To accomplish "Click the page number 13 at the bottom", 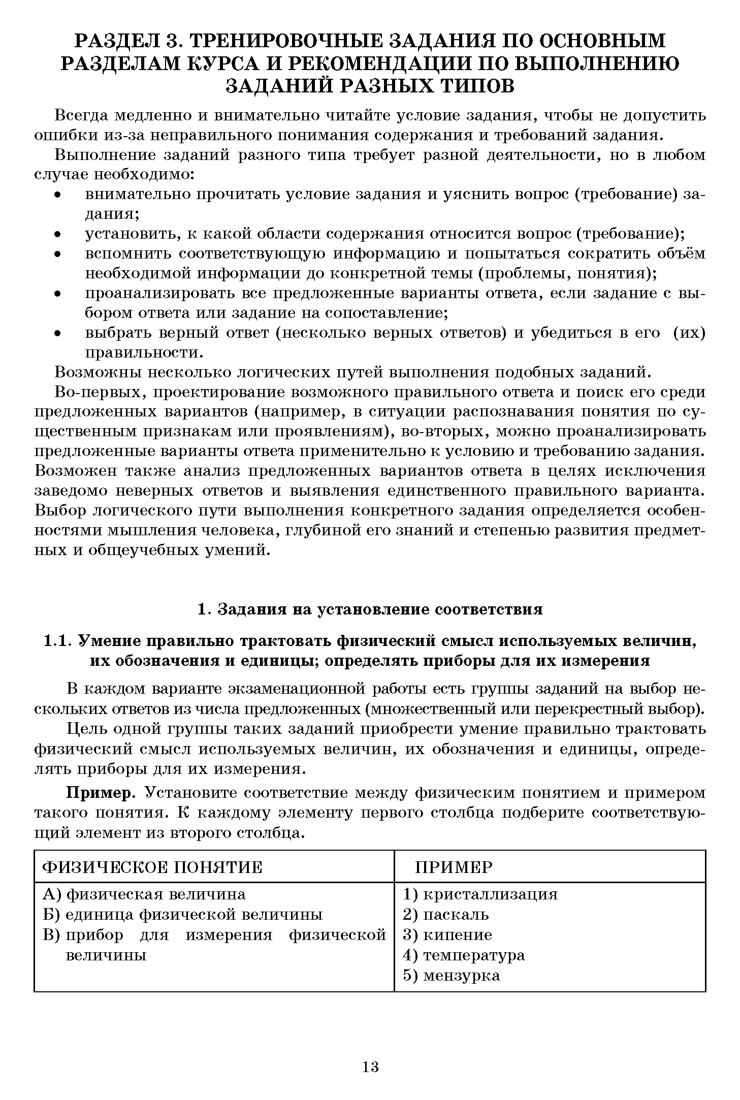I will pos(371,1066).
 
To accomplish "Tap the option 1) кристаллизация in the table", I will pos(480,894).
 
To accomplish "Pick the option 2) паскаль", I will pos(446,914).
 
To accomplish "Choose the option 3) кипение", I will pos(447,934).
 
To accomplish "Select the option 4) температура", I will pos(464,955).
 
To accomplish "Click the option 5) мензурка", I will pos(452,975).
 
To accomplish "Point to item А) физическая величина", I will pos(144,894).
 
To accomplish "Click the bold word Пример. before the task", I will pos(104,793).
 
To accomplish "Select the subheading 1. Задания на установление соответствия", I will pos(370,609).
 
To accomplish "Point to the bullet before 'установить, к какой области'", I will pos(58,234).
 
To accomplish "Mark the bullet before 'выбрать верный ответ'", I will pos(58,333).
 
